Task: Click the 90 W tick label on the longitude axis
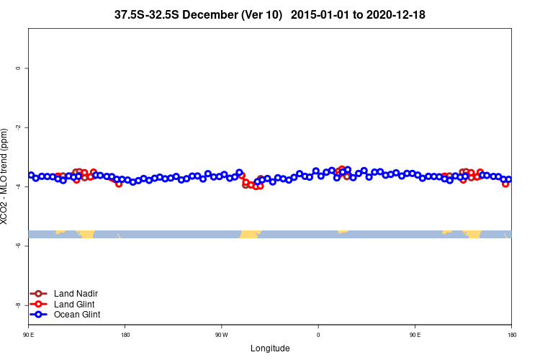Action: (221, 335)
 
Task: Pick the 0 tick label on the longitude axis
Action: (318, 335)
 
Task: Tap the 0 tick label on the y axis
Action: (18, 68)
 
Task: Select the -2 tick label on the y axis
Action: (18, 127)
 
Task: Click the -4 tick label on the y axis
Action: (18, 186)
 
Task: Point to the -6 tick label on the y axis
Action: (18, 246)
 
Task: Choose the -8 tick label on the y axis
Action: (18, 305)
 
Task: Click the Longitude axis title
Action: (270, 348)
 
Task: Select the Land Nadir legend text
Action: (76, 294)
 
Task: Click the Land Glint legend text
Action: (74, 304)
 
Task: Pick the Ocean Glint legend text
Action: (77, 315)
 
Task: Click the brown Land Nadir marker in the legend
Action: (39, 294)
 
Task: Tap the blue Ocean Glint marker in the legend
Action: (39, 315)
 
